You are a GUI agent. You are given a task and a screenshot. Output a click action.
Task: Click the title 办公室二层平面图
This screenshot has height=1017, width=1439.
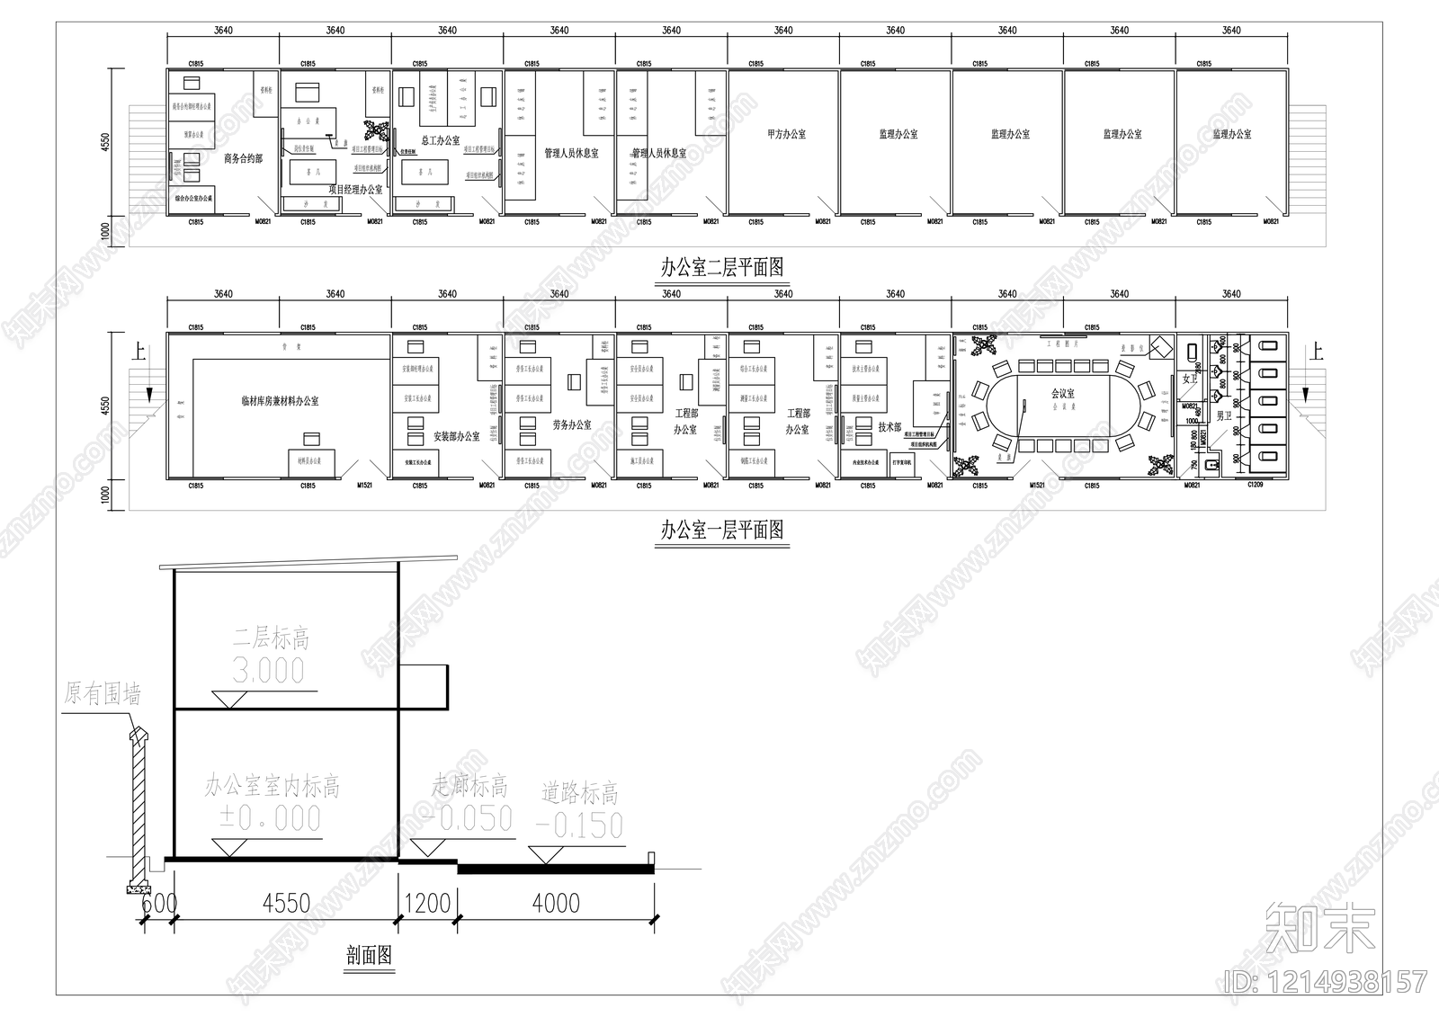(722, 267)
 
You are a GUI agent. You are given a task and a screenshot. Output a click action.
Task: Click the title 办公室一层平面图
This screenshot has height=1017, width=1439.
(722, 530)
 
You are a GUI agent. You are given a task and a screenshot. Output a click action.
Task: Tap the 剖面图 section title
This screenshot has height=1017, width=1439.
(369, 955)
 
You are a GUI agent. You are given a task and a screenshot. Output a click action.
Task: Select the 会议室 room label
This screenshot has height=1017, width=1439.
(1062, 393)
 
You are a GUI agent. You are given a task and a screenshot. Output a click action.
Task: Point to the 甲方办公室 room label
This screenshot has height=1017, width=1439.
(786, 134)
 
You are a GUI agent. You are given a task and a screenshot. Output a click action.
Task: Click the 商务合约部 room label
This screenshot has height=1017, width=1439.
(243, 158)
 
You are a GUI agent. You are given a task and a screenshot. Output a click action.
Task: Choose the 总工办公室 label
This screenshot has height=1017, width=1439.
(440, 140)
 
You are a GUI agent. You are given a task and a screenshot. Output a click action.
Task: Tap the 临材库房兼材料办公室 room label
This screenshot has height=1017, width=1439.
(279, 401)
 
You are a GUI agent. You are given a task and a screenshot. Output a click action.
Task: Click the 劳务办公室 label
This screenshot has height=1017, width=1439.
(572, 424)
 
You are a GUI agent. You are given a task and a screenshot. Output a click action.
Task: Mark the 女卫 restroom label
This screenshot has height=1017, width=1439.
(1190, 379)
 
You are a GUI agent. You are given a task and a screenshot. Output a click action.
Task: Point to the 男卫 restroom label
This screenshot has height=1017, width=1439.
(1223, 416)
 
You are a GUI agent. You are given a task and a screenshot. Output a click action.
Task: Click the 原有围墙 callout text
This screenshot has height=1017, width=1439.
(103, 693)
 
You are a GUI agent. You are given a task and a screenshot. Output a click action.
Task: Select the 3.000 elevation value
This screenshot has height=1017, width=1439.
(268, 670)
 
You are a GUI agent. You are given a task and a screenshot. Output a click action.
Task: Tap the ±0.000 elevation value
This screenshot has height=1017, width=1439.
(269, 818)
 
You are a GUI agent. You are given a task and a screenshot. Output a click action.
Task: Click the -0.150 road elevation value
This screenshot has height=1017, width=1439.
(578, 825)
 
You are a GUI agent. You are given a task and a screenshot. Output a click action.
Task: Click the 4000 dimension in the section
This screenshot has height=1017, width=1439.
(556, 902)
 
